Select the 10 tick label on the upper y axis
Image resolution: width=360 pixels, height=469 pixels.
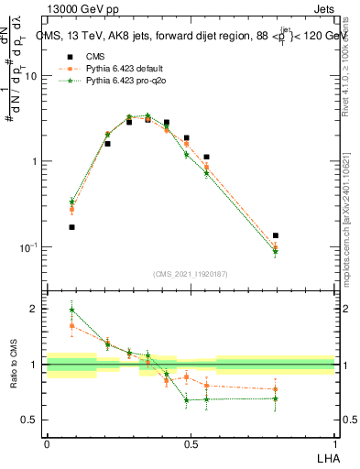tap(31, 76)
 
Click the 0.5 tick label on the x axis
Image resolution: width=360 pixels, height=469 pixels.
tap(191, 443)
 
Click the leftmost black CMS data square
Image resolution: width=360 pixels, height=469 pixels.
tap(71, 227)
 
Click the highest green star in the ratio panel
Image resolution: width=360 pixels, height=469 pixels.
tap(71, 310)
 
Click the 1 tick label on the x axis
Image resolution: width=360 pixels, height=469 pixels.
tap(335, 443)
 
